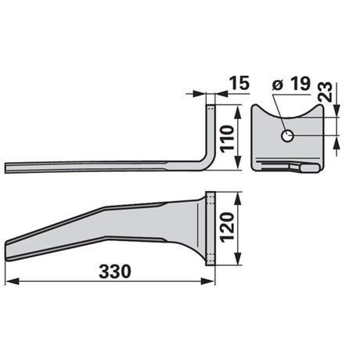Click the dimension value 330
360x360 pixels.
click(x=115, y=272)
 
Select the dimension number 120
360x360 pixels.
click(x=227, y=228)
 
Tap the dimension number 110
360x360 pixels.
click(x=227, y=139)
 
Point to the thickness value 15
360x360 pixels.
click(x=239, y=83)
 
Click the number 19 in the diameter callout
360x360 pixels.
click(x=301, y=84)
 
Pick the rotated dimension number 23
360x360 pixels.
click(x=326, y=92)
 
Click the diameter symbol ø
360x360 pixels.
click(x=278, y=85)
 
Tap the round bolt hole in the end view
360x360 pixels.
click(x=287, y=135)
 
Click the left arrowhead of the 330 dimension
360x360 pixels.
click(x=13, y=282)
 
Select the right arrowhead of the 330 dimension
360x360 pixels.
click(x=207, y=282)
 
